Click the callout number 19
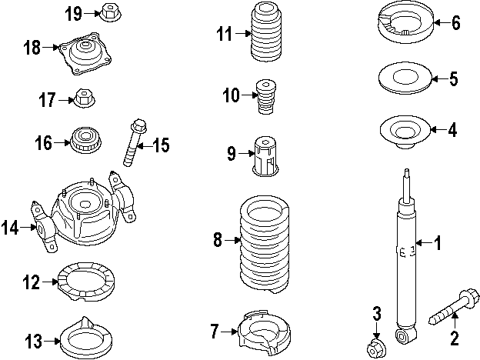click(74, 14)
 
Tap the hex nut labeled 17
click(85, 98)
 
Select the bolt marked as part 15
click(135, 142)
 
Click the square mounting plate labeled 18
click(85, 54)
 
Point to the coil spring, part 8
click(264, 245)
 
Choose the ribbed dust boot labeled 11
click(266, 32)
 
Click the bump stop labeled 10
click(266, 97)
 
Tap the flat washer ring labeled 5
click(405, 78)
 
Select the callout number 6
click(456, 23)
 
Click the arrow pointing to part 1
click(424, 243)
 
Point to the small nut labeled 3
click(376, 349)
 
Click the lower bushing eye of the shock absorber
click(405, 336)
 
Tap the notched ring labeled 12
click(86, 281)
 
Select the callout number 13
click(33, 341)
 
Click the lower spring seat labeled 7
click(264, 333)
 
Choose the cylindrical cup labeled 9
click(265, 156)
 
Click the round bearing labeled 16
click(86, 140)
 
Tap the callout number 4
click(452, 130)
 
